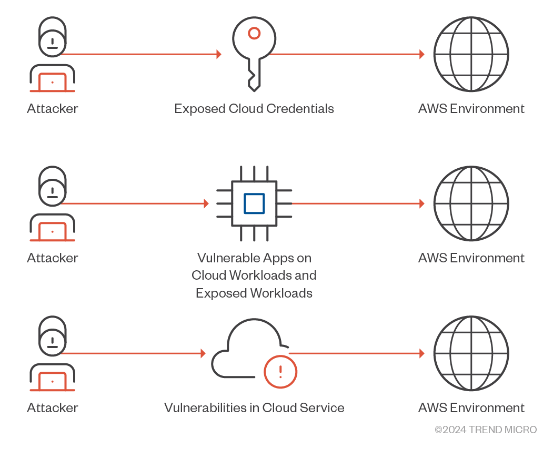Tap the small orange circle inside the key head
(x=254, y=34)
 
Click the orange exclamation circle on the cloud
(x=280, y=372)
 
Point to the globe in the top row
(x=471, y=54)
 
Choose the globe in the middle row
(x=471, y=203)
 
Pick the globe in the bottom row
(x=471, y=353)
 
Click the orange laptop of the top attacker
(x=52, y=83)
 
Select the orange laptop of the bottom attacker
(x=52, y=382)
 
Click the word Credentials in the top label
(x=300, y=108)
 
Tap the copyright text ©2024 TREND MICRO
(x=486, y=430)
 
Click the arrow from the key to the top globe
(x=347, y=54)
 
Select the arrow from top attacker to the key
(x=142, y=54)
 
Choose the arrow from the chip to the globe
(x=358, y=203)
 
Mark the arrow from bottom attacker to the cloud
(x=133, y=353)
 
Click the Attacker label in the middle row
(x=53, y=258)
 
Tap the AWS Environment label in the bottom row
(x=471, y=408)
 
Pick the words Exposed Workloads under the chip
(x=254, y=293)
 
